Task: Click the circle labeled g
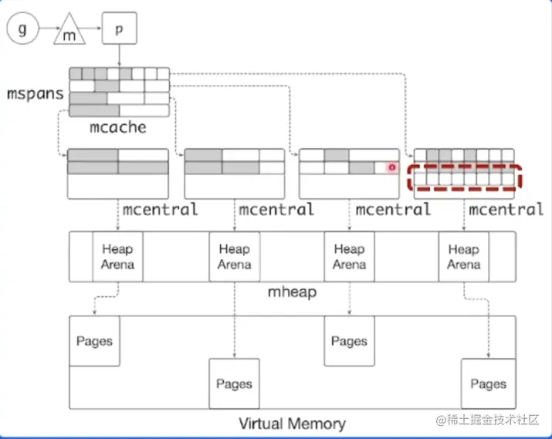point(22,29)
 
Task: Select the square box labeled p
point(119,29)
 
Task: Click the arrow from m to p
point(93,29)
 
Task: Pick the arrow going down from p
point(119,56)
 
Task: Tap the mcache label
point(118,127)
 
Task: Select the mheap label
point(291,292)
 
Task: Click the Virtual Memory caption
point(292,424)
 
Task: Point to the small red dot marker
point(392,167)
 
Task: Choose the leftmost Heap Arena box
point(117,256)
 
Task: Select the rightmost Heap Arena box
point(463,256)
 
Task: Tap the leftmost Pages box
point(94,341)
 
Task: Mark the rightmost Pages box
point(488,383)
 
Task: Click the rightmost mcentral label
point(506,209)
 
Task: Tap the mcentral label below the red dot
point(393,209)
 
